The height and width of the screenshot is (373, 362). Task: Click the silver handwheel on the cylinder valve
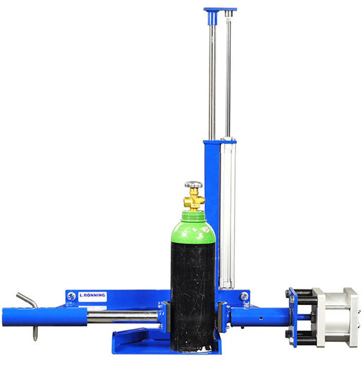point(194,184)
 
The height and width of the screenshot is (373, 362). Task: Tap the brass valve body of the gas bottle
point(194,199)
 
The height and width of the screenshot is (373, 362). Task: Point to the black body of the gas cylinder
point(193,296)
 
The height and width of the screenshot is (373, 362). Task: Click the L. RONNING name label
point(93,297)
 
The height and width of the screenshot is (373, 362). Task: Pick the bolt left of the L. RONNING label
point(71,297)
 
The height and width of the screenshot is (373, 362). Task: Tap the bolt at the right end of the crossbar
point(244,296)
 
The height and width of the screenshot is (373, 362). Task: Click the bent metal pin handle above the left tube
point(27,300)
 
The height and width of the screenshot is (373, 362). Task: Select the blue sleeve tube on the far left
point(45,317)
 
